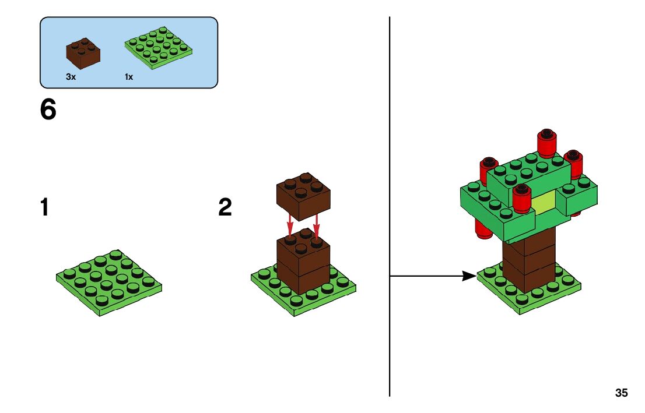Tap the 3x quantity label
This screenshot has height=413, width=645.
click(x=71, y=77)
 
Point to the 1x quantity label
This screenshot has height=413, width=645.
click(x=129, y=77)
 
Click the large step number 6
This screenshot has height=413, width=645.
click(x=48, y=110)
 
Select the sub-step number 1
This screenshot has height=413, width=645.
click(x=44, y=208)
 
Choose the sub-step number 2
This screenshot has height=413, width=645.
click(x=225, y=208)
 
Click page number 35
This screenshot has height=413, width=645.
click(x=621, y=393)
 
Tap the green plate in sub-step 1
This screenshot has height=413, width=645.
click(x=109, y=282)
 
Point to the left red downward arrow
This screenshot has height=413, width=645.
click(x=290, y=225)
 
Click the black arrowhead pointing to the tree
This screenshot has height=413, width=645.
click(x=469, y=276)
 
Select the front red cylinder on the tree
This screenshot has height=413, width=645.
click(x=521, y=199)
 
